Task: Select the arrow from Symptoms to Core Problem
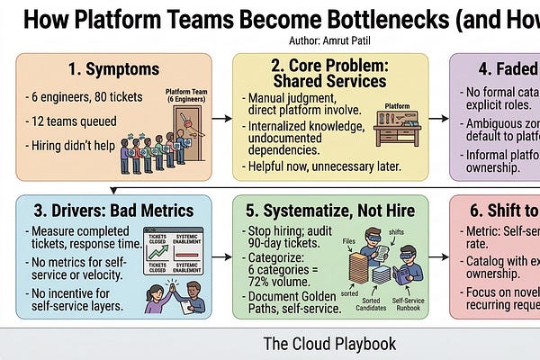click(221, 117)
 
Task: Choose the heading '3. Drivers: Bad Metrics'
click(114, 211)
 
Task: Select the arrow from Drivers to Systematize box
click(221, 256)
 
